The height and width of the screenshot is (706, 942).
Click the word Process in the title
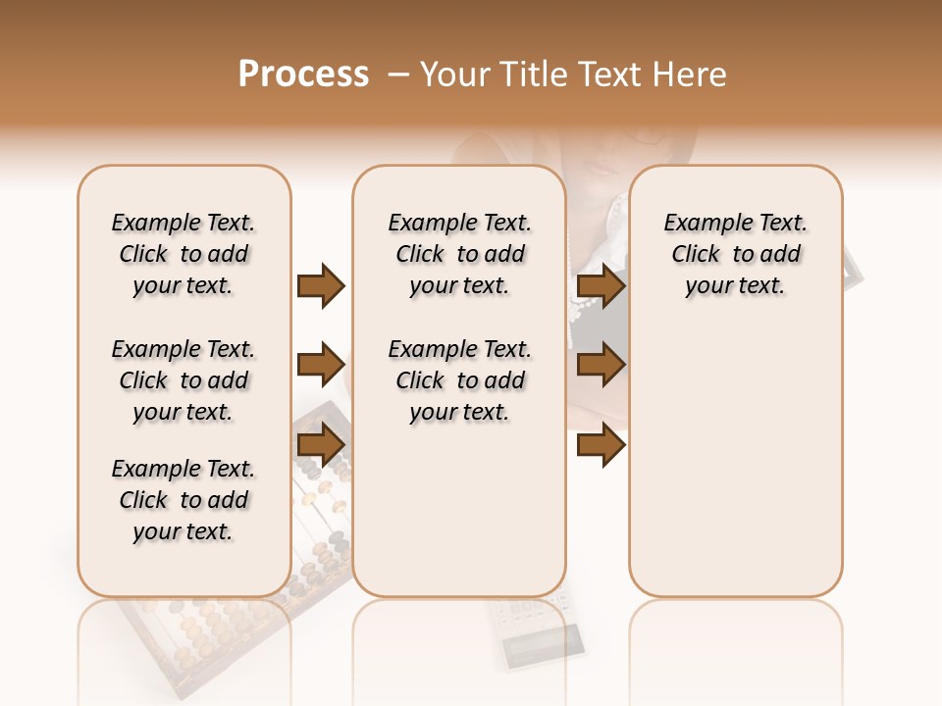[x=303, y=75]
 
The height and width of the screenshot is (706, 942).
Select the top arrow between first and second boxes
[x=321, y=286]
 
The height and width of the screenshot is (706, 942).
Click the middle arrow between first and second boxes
[x=321, y=366]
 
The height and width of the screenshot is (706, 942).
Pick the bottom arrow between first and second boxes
[x=321, y=445]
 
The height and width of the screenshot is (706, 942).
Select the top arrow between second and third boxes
[x=601, y=286]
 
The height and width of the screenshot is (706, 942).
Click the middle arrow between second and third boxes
[x=601, y=366]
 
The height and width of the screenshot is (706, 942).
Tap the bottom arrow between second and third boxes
[x=601, y=445]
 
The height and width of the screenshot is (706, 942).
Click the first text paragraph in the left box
[x=183, y=254]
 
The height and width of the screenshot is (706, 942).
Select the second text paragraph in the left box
[x=183, y=380]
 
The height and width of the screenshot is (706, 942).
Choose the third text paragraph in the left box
[x=183, y=500]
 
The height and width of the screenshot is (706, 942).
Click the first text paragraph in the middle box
[x=459, y=254]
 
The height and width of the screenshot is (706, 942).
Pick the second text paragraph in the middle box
[x=459, y=380]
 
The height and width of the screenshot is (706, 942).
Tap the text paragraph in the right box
[x=735, y=254]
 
